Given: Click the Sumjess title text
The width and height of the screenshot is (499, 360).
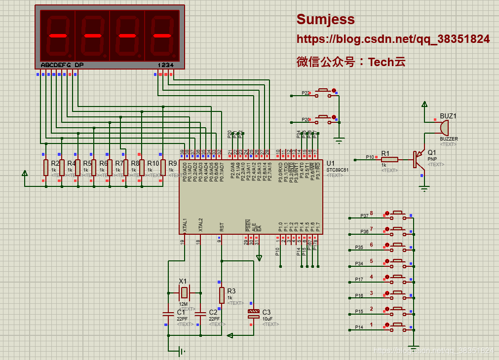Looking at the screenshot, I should point(325,19).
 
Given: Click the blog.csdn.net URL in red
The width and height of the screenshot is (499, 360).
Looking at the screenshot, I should point(393,39).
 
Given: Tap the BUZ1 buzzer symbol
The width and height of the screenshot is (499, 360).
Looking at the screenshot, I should point(443,128).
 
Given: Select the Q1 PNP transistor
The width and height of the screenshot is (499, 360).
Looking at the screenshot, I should point(419,159).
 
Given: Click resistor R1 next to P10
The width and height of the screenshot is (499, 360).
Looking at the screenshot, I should point(389,159).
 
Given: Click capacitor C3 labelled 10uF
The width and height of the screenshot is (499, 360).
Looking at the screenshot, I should point(253,314).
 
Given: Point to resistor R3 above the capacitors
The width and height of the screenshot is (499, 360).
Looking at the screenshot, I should point(222,295).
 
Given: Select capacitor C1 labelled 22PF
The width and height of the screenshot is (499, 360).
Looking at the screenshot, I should point(168,314).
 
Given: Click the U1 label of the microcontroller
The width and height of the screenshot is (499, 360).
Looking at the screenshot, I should point(330,163).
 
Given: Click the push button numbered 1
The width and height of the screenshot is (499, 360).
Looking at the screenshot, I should point(398,327).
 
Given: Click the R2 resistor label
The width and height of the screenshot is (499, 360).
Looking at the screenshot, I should point(55,163).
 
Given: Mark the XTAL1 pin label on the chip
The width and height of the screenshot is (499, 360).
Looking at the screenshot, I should point(185,225).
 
